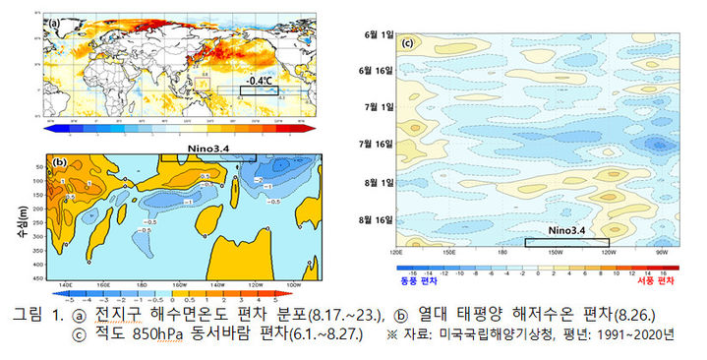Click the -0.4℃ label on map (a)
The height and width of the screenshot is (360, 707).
[x=261, y=81]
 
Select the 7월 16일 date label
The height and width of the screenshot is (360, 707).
[x=373, y=144]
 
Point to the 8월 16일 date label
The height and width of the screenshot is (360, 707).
[x=373, y=219]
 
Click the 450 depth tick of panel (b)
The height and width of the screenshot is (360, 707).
[x=39, y=279]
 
